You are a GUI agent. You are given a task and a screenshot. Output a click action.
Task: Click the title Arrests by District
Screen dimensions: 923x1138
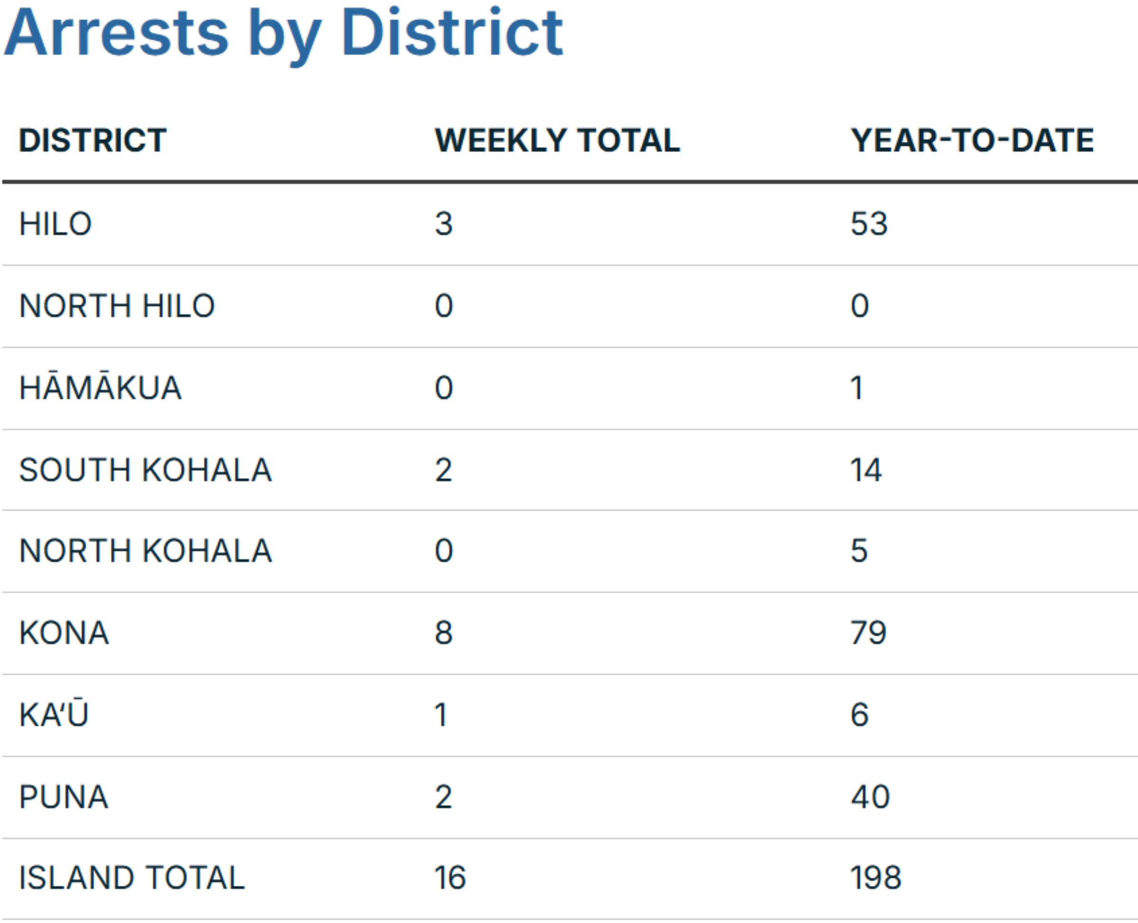pyautogui.click(x=283, y=33)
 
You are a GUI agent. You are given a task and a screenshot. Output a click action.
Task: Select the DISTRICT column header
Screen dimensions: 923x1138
pyautogui.click(x=93, y=140)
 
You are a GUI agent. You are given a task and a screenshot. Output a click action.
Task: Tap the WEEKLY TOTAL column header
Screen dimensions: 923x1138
pyautogui.click(x=557, y=140)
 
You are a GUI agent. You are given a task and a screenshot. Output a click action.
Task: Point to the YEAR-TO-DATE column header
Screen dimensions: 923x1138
pyautogui.click(x=972, y=140)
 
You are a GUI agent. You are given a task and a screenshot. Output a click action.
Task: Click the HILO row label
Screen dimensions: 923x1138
pyautogui.click(x=55, y=224)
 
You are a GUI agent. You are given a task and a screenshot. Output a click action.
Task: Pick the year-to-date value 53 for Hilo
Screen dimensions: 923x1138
pyautogui.click(x=869, y=224)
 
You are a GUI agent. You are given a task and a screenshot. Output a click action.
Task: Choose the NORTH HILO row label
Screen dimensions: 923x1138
pyautogui.click(x=117, y=306)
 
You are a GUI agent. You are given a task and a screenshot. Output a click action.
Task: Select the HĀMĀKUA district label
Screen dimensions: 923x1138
pyautogui.click(x=101, y=388)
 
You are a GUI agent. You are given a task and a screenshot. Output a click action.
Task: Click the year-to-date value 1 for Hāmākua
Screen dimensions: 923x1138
pyautogui.click(x=856, y=388)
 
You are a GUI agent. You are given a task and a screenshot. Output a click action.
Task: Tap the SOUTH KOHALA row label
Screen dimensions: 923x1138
pyautogui.click(x=145, y=470)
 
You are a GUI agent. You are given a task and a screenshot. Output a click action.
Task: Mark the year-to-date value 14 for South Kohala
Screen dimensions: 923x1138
pyautogui.click(x=866, y=470)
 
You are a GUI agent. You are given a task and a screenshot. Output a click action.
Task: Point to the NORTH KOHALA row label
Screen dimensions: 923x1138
pyautogui.click(x=145, y=551)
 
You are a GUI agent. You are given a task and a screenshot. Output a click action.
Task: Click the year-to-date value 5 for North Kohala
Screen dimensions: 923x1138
pyautogui.click(x=859, y=551)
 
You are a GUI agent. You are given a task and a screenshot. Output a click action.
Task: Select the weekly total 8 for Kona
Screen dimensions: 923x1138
pyautogui.click(x=443, y=633)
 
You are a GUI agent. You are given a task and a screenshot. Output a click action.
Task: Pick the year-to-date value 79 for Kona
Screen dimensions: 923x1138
pyautogui.click(x=868, y=633)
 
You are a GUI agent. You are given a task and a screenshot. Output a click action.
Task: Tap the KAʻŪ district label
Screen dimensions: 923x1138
pyautogui.click(x=54, y=714)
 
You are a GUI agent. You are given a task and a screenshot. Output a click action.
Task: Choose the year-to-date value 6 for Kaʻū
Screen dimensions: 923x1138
pyautogui.click(x=859, y=715)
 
